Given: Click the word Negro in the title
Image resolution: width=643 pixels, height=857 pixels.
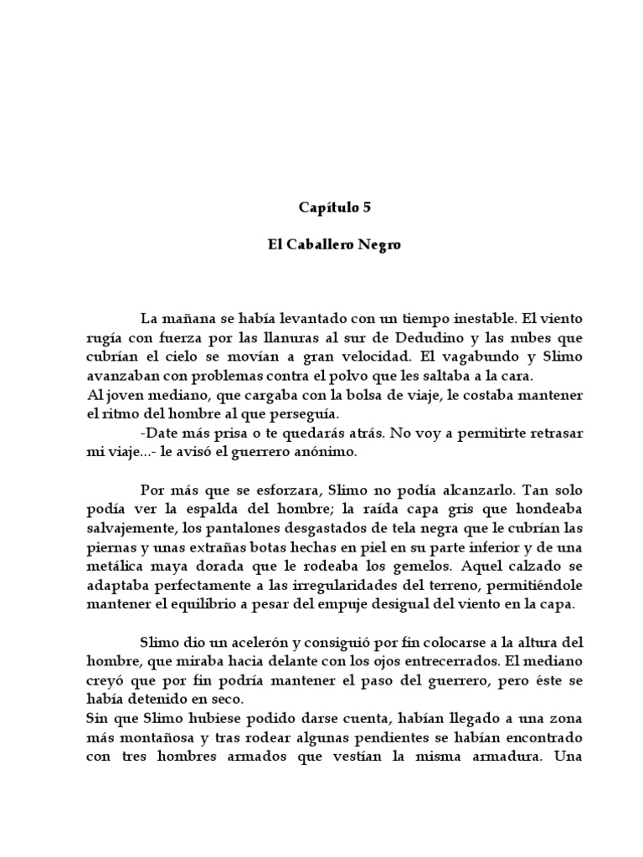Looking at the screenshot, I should coord(383,248).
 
